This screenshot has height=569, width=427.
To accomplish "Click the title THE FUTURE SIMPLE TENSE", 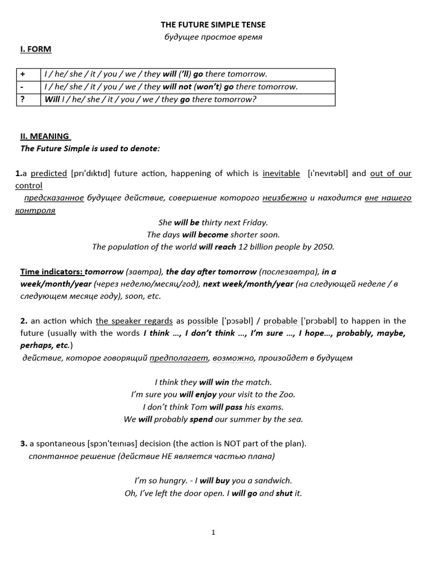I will [x=213, y=24].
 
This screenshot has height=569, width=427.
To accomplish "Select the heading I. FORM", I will [x=36, y=49].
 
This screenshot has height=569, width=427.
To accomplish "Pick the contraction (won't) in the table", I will [x=207, y=87].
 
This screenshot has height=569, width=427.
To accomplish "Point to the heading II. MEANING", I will [x=45, y=136].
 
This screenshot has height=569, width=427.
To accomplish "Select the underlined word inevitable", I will [x=281, y=173].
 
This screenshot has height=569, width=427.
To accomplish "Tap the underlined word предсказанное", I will [x=54, y=198].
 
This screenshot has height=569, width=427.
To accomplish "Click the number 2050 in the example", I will [x=322, y=247].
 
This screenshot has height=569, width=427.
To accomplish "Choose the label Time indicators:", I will [x=51, y=272].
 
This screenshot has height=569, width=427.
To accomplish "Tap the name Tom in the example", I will [x=199, y=407].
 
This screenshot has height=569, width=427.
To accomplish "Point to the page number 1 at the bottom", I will [x=213, y=532].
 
